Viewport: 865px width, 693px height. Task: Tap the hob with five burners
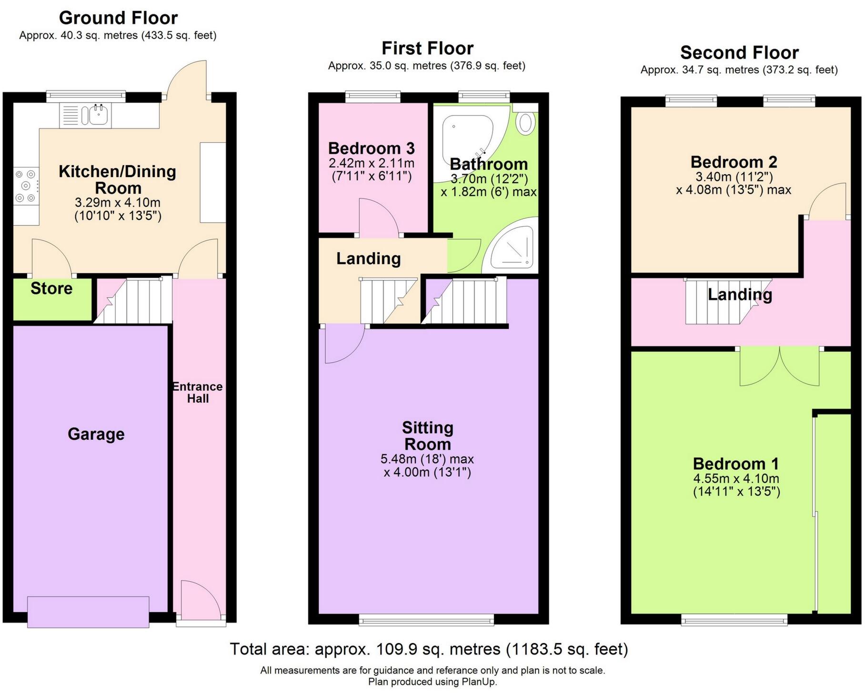click(26, 186)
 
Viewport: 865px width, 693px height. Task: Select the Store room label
click(51, 288)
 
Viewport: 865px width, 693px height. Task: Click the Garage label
click(96, 434)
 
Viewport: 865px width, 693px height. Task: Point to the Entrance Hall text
click(198, 393)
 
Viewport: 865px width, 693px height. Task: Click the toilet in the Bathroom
click(525, 122)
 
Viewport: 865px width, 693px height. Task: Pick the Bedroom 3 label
click(372, 148)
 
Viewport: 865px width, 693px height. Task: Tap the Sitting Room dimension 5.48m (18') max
click(427, 459)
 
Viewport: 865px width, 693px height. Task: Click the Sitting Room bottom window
click(426, 619)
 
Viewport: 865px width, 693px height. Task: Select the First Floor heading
click(427, 49)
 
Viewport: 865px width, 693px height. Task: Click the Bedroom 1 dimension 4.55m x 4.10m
click(736, 479)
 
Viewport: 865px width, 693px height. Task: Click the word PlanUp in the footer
click(479, 682)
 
